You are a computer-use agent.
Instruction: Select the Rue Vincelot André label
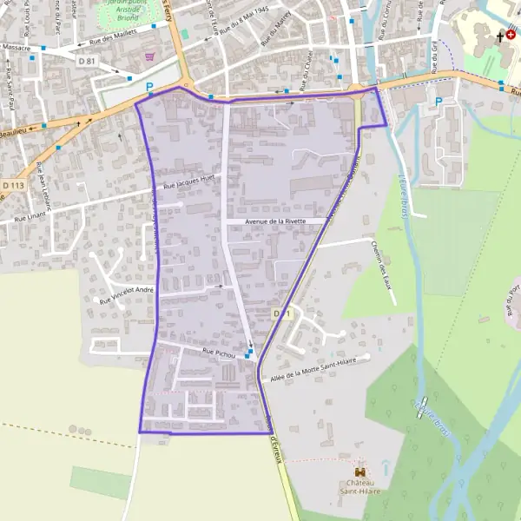click(x=126, y=295)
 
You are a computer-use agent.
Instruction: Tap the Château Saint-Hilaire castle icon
click(x=359, y=470)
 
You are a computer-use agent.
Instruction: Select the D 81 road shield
click(x=88, y=61)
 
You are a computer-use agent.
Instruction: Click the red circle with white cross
click(x=511, y=36)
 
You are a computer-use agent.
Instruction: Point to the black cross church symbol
click(x=500, y=37)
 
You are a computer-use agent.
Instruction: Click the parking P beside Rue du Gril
click(x=438, y=102)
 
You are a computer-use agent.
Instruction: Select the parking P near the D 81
click(x=148, y=87)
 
